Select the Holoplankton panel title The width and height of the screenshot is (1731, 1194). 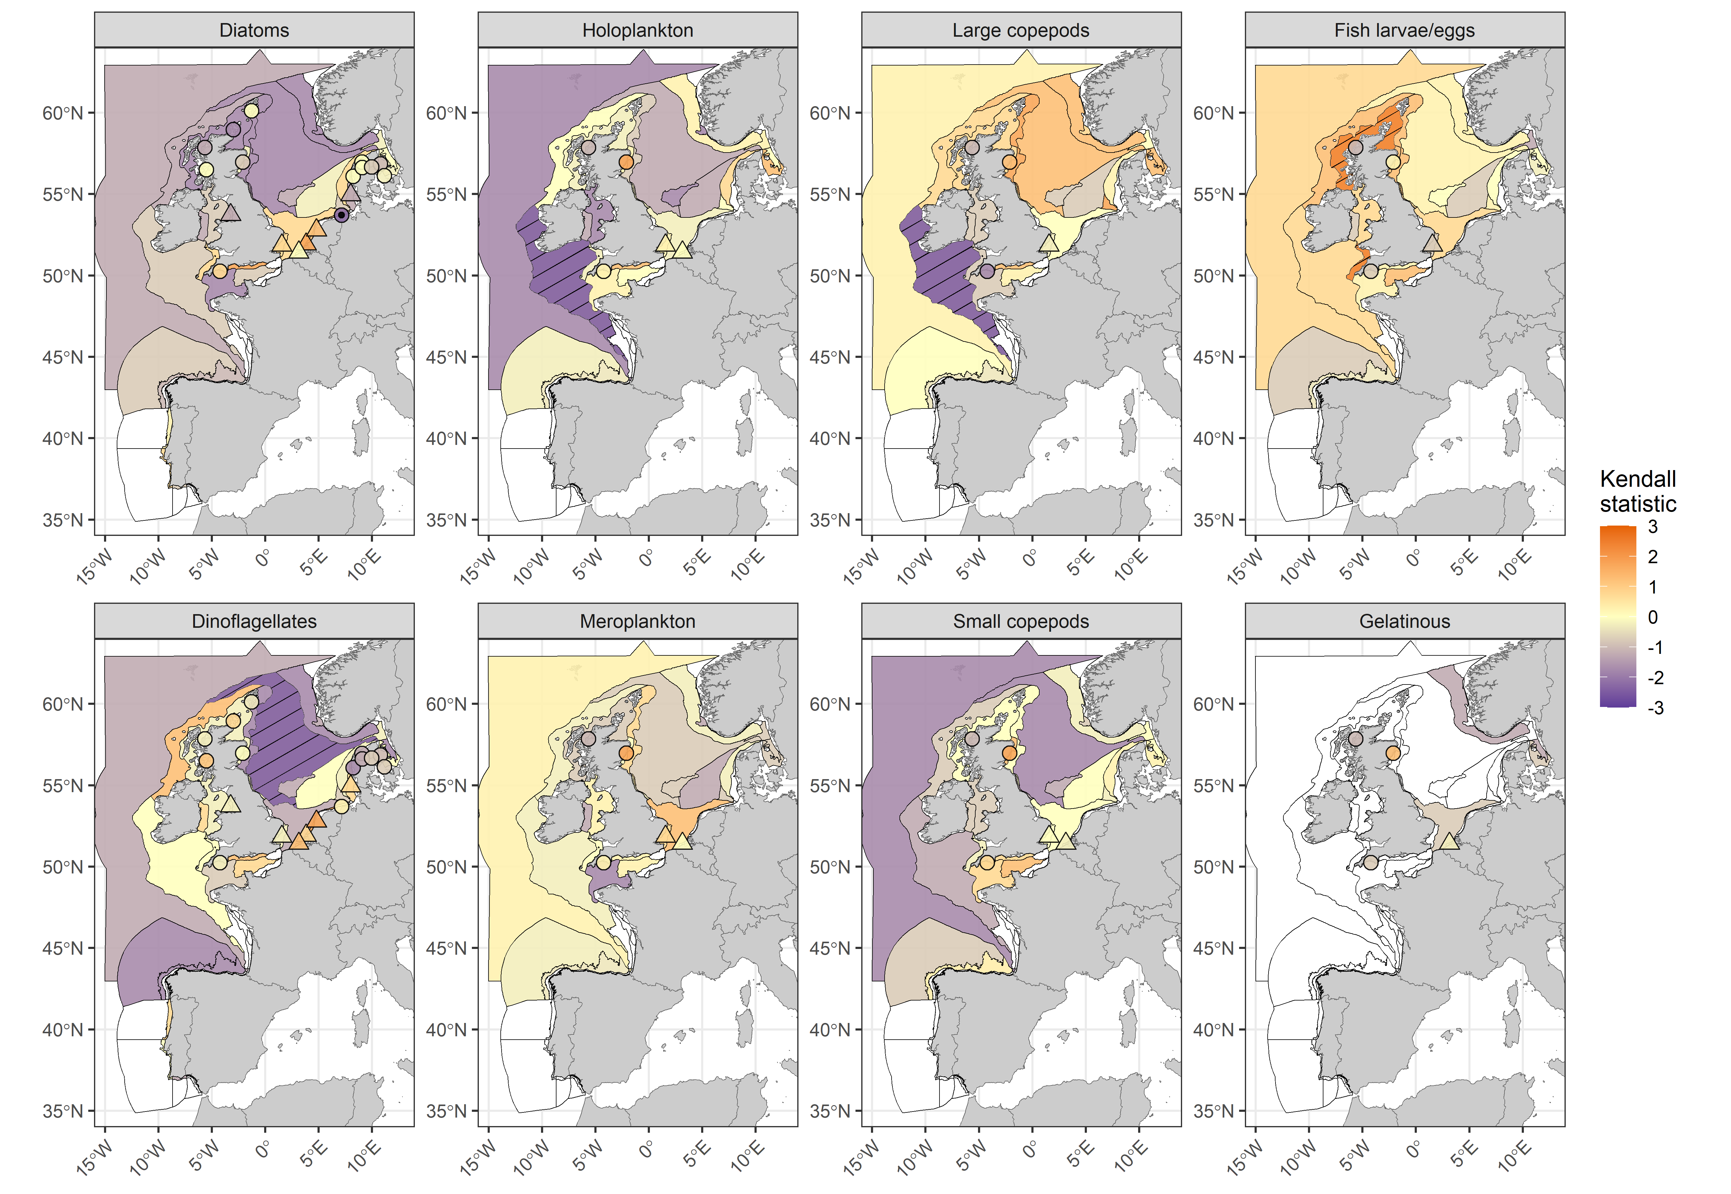point(637,31)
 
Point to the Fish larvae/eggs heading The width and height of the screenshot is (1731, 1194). point(1404,31)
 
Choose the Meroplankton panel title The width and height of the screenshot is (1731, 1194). point(637,622)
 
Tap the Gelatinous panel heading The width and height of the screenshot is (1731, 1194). point(1404,622)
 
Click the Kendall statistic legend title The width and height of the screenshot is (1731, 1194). point(1638,491)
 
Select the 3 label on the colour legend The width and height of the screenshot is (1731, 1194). point(1652,527)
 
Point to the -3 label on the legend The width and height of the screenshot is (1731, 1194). point(1655,708)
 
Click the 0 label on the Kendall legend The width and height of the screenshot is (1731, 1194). point(1652,617)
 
